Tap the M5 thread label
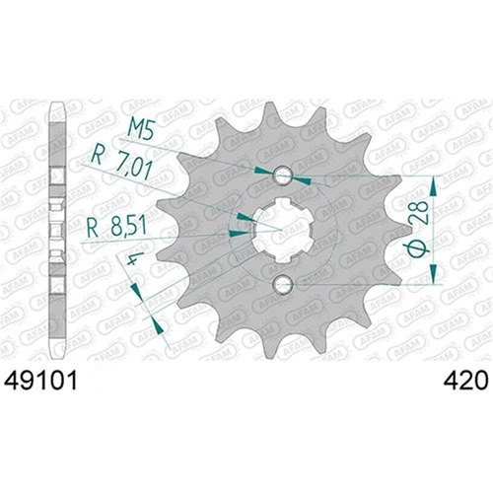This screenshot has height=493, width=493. (142, 125)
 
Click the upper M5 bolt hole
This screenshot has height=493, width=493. (283, 176)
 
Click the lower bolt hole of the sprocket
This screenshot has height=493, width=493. (283, 286)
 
